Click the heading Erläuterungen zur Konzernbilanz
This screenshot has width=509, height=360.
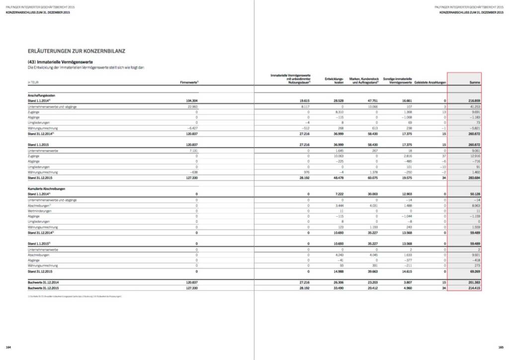coord(77,51)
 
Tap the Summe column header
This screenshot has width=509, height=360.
coord(475,82)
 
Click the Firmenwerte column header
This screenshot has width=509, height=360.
coord(189,82)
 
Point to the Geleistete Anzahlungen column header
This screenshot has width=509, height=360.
coord(430,82)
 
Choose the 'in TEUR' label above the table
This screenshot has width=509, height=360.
coord(34,82)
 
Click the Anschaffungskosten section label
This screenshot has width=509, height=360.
coord(41,95)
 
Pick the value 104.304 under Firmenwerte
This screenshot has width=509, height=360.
coord(191,100)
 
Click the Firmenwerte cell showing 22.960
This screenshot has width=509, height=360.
coord(192,106)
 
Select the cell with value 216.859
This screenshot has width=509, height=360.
coord(473,100)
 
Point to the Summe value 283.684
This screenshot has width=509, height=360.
coord(473,178)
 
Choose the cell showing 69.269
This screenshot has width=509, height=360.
coord(473,271)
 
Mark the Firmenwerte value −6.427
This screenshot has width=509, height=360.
coord(191,128)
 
